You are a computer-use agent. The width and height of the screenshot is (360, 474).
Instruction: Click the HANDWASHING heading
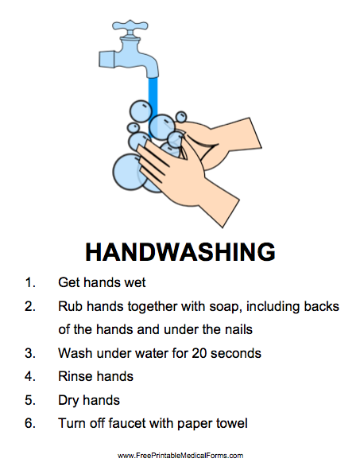(180, 251)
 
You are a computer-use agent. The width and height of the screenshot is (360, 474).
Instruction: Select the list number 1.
(30, 282)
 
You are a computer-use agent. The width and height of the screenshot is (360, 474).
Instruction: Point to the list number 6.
(30, 423)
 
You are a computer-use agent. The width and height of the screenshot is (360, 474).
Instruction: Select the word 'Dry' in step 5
(68, 401)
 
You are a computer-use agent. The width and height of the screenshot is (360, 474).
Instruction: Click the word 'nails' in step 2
(239, 329)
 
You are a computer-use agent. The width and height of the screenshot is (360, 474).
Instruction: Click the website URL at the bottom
(180, 456)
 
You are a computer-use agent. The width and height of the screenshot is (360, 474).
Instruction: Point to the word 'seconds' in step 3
(236, 353)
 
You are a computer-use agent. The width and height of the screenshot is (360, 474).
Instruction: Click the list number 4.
(30, 377)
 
